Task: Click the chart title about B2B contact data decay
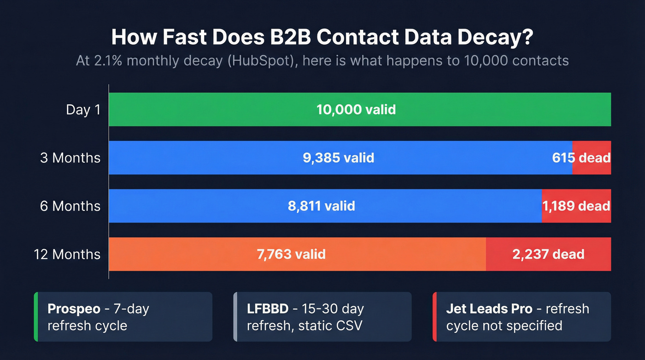[x=322, y=37]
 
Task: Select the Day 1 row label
[x=83, y=110]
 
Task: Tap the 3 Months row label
[x=70, y=158]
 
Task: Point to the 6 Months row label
[x=70, y=206]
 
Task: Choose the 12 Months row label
[x=67, y=254]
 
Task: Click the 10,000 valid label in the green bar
[x=356, y=110]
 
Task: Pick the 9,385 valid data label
[x=338, y=158]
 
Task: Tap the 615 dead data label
[x=581, y=158]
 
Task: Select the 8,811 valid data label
[x=322, y=206]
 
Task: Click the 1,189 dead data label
[x=576, y=206]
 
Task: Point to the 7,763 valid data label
[x=291, y=254]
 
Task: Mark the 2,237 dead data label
[x=548, y=254]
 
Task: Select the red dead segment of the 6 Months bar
[x=576, y=217]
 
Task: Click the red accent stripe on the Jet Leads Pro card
[x=434, y=317]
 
